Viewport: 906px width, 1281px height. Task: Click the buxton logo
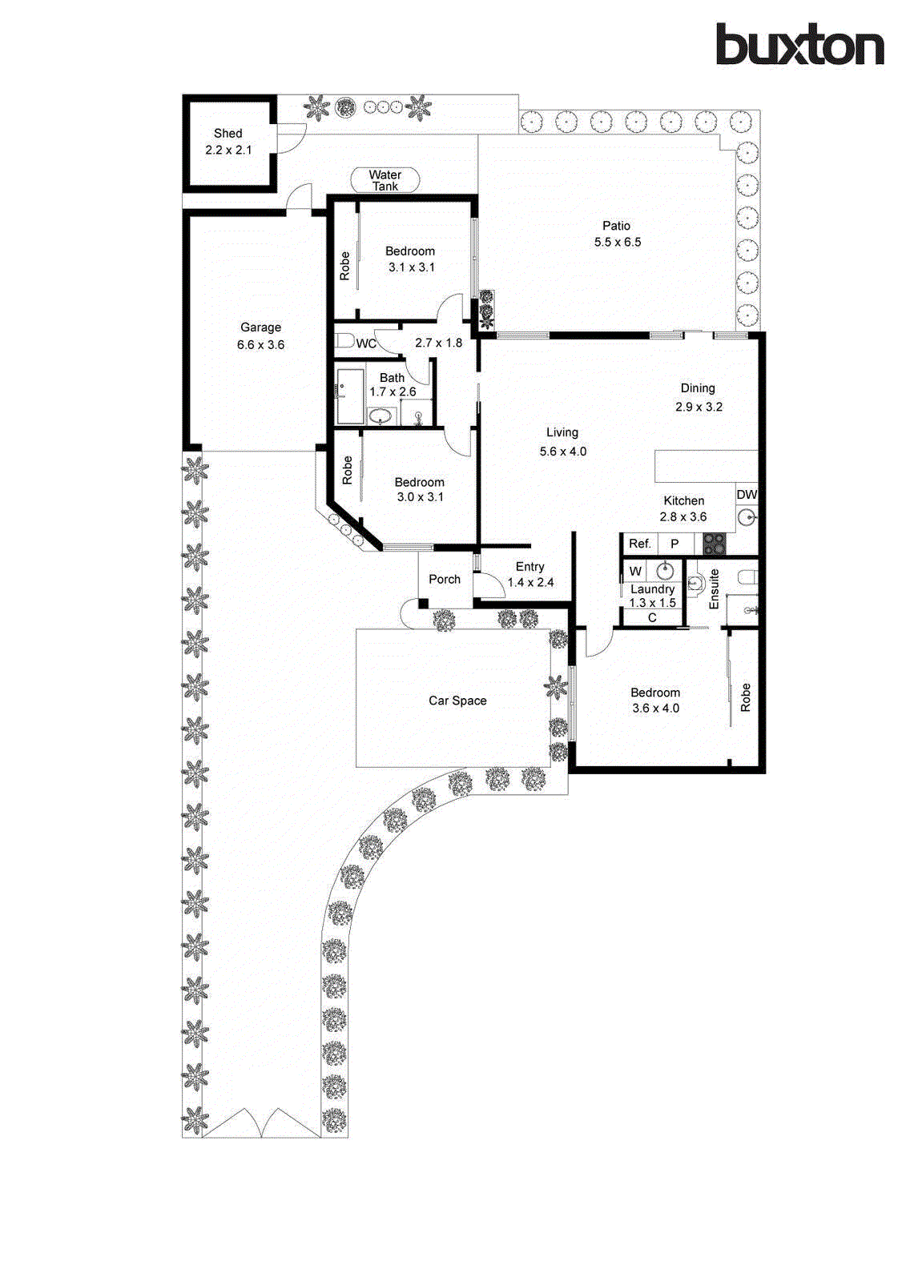[799, 45]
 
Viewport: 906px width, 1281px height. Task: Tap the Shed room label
[228, 133]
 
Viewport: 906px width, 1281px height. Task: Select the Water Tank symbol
[385, 180]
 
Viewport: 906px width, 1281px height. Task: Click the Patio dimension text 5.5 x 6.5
[617, 242]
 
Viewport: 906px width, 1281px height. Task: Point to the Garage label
[260, 327]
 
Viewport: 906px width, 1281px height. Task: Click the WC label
[365, 343]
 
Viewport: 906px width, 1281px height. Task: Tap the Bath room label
[392, 377]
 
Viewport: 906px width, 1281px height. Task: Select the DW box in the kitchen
[747, 495]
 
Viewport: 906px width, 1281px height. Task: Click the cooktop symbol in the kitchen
[714, 544]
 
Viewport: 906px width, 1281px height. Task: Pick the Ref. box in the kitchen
[639, 544]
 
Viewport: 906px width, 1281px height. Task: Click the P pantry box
[674, 544]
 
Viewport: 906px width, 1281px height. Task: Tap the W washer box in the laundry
[635, 571]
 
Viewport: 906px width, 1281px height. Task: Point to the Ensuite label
[714, 589]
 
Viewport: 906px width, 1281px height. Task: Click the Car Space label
[457, 701]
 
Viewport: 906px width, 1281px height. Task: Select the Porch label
[445, 579]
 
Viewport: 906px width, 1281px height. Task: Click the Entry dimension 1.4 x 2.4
[530, 582]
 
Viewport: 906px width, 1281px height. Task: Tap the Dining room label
[698, 388]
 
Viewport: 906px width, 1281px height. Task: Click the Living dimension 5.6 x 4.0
[562, 452]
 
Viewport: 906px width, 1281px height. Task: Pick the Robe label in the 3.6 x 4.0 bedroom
[745, 697]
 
